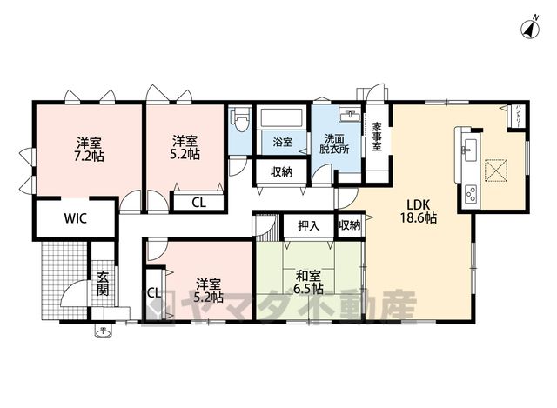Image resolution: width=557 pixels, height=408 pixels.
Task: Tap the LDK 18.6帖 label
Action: [x=419, y=211]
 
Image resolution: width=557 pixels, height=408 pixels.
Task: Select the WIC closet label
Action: [x=76, y=218]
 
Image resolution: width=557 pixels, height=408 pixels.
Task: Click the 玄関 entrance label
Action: [x=103, y=284]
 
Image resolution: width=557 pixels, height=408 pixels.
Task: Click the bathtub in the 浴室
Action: [x=282, y=117]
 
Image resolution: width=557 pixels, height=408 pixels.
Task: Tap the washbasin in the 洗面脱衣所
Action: [x=351, y=116]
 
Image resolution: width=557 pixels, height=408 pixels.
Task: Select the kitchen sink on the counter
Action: [x=469, y=150]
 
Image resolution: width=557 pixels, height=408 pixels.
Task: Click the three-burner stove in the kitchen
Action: [x=471, y=193]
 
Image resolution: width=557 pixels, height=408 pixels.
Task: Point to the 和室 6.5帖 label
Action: [x=308, y=283]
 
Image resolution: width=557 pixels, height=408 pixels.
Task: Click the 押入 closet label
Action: [x=309, y=226]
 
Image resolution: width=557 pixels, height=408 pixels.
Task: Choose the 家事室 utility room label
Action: [x=377, y=137]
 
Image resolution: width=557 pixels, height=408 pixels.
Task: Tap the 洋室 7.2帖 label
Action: [x=89, y=150]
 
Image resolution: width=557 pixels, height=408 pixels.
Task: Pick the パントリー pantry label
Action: [x=519, y=116]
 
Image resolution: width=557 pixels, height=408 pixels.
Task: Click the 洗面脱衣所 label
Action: [x=334, y=144]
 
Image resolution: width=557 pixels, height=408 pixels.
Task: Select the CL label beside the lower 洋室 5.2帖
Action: [x=154, y=293]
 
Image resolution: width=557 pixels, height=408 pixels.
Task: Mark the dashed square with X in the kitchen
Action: [x=495, y=171]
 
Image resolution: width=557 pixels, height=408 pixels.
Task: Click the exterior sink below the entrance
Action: [x=104, y=331]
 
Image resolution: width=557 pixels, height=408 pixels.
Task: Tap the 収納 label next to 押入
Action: [x=350, y=224]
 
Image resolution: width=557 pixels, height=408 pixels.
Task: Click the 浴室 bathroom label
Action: [x=282, y=143]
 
